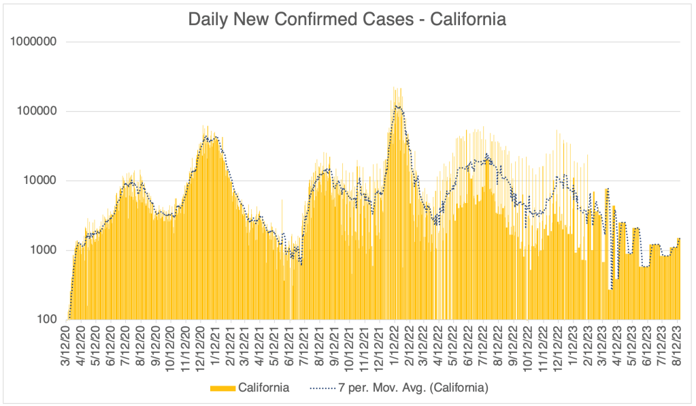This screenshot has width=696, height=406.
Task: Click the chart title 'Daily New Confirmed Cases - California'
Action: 347,20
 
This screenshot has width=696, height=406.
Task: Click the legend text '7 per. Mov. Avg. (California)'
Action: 413,388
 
